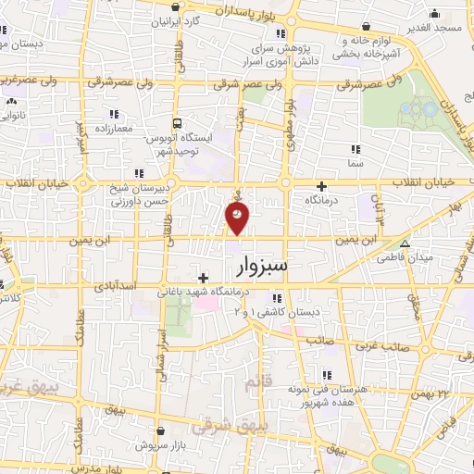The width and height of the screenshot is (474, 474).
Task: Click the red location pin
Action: point(238,218)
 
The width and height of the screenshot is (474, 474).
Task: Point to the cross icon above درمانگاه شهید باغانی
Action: point(203,277)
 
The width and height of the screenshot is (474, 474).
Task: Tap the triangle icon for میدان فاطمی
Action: point(405,243)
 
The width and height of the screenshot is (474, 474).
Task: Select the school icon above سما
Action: point(355,148)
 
